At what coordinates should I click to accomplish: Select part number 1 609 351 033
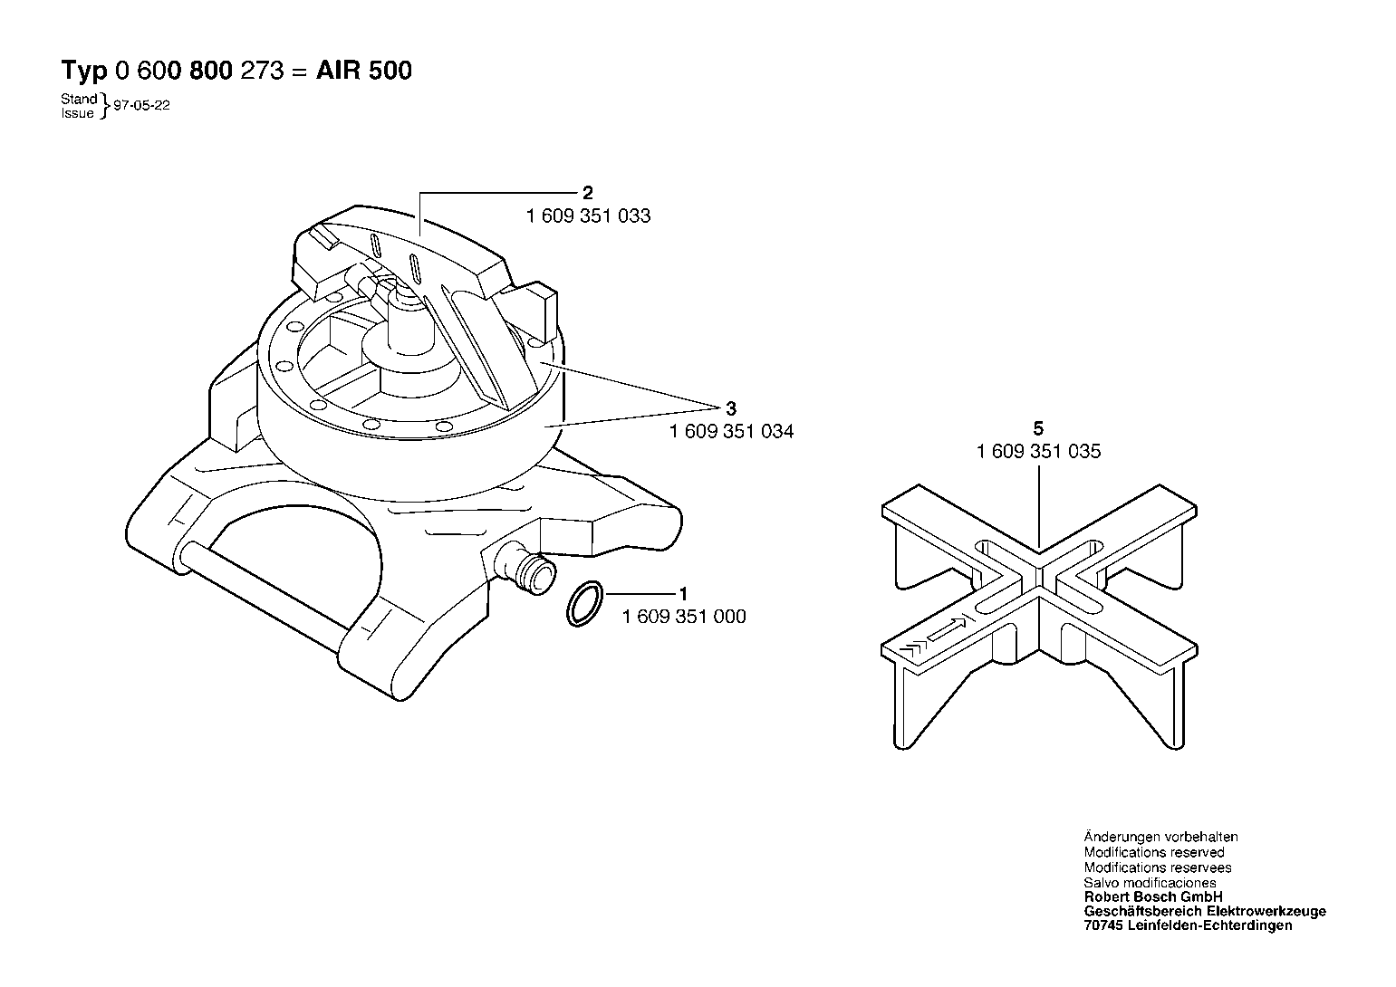(x=588, y=216)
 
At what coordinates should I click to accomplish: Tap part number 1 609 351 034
(x=731, y=431)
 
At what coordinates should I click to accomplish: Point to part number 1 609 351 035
(x=1038, y=451)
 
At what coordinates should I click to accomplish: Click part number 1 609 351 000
(x=684, y=617)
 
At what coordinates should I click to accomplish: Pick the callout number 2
(x=587, y=193)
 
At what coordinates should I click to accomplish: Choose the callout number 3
(x=731, y=408)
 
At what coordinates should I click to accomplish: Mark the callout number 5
(x=1037, y=428)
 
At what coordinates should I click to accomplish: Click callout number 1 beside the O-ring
(x=684, y=593)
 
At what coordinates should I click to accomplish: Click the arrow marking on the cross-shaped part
(x=947, y=629)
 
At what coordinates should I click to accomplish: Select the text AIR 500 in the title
(x=364, y=71)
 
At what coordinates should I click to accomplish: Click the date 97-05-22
(x=141, y=105)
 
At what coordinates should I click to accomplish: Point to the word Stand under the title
(x=79, y=99)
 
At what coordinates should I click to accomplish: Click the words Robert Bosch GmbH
(x=1153, y=896)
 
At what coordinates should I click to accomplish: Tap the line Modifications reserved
(x=1153, y=852)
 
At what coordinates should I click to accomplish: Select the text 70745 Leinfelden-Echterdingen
(x=1188, y=925)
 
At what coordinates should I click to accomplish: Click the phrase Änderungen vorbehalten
(x=1160, y=837)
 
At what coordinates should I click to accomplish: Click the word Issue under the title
(x=77, y=113)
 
